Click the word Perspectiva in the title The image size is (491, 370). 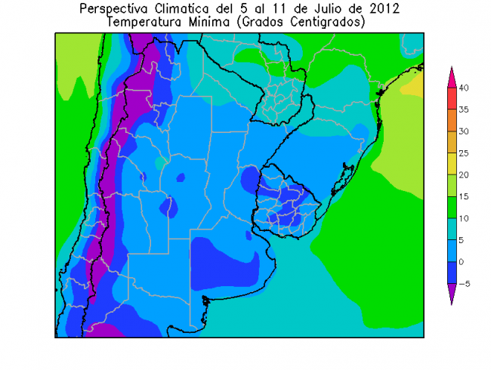(x=118, y=9)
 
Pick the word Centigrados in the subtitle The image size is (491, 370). (x=324, y=22)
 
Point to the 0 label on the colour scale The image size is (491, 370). (x=462, y=262)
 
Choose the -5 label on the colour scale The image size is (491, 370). (x=465, y=284)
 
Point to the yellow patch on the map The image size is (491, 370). (x=412, y=87)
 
